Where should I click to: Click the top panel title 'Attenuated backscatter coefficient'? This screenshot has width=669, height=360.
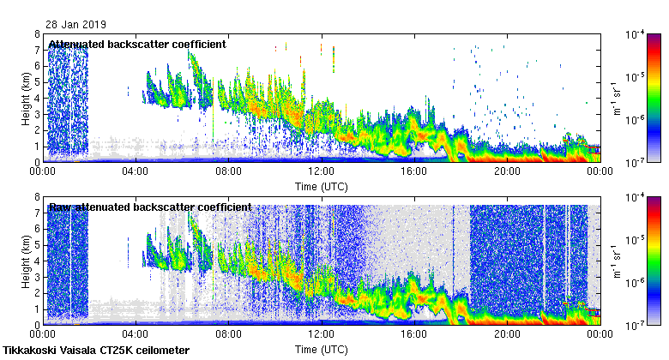tap(137, 45)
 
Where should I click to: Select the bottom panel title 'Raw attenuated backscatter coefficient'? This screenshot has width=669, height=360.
tap(150, 207)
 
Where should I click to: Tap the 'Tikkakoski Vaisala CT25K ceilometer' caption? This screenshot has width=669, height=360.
tap(96, 351)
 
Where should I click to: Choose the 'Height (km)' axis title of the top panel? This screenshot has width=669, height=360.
tap(27, 99)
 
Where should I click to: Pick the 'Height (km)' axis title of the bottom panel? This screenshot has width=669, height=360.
tap(27, 261)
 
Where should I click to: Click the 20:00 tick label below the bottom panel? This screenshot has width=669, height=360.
tap(506, 335)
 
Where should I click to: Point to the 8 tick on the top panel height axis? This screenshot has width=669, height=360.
tap(36, 34)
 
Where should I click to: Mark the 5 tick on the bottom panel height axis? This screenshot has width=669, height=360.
tap(36, 245)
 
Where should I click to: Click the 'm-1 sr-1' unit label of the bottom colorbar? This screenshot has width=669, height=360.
tap(616, 261)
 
